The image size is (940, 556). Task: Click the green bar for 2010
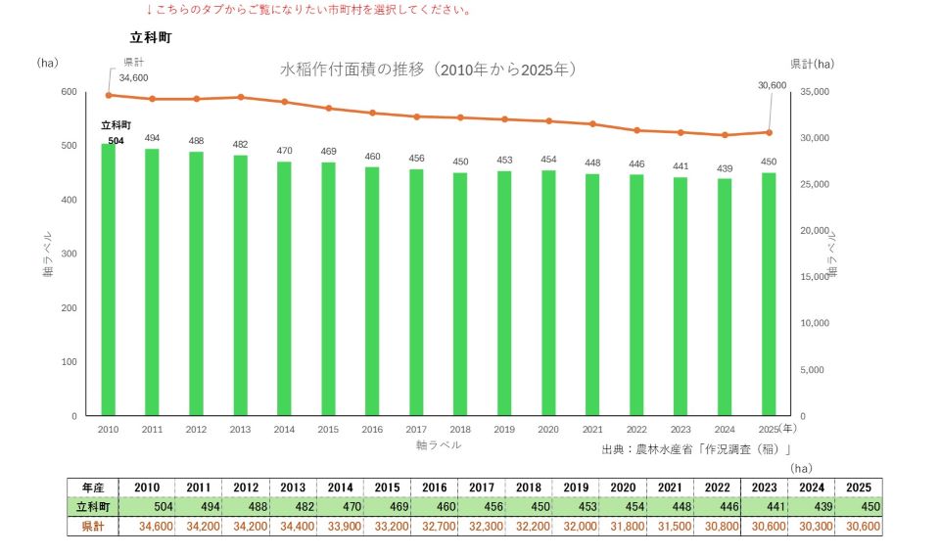108,280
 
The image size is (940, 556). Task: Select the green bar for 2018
460,295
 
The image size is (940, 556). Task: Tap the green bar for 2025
769,295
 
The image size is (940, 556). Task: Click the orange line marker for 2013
241,97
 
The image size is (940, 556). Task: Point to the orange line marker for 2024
725,135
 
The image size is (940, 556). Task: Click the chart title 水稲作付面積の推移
352,69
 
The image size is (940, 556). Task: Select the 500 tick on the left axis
69,146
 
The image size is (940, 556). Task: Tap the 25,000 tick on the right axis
815,185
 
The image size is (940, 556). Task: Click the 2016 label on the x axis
372,430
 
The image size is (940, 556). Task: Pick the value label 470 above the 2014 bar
284,151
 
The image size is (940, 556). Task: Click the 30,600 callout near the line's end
773,86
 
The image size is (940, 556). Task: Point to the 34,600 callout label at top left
134,78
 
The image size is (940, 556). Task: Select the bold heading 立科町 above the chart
151,38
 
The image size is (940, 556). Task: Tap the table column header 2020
623,487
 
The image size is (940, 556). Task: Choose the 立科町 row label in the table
93,507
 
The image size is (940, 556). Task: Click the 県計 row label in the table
93,527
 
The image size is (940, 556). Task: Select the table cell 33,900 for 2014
344,527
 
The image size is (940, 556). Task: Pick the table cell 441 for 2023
775,507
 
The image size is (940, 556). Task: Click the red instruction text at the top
309,10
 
